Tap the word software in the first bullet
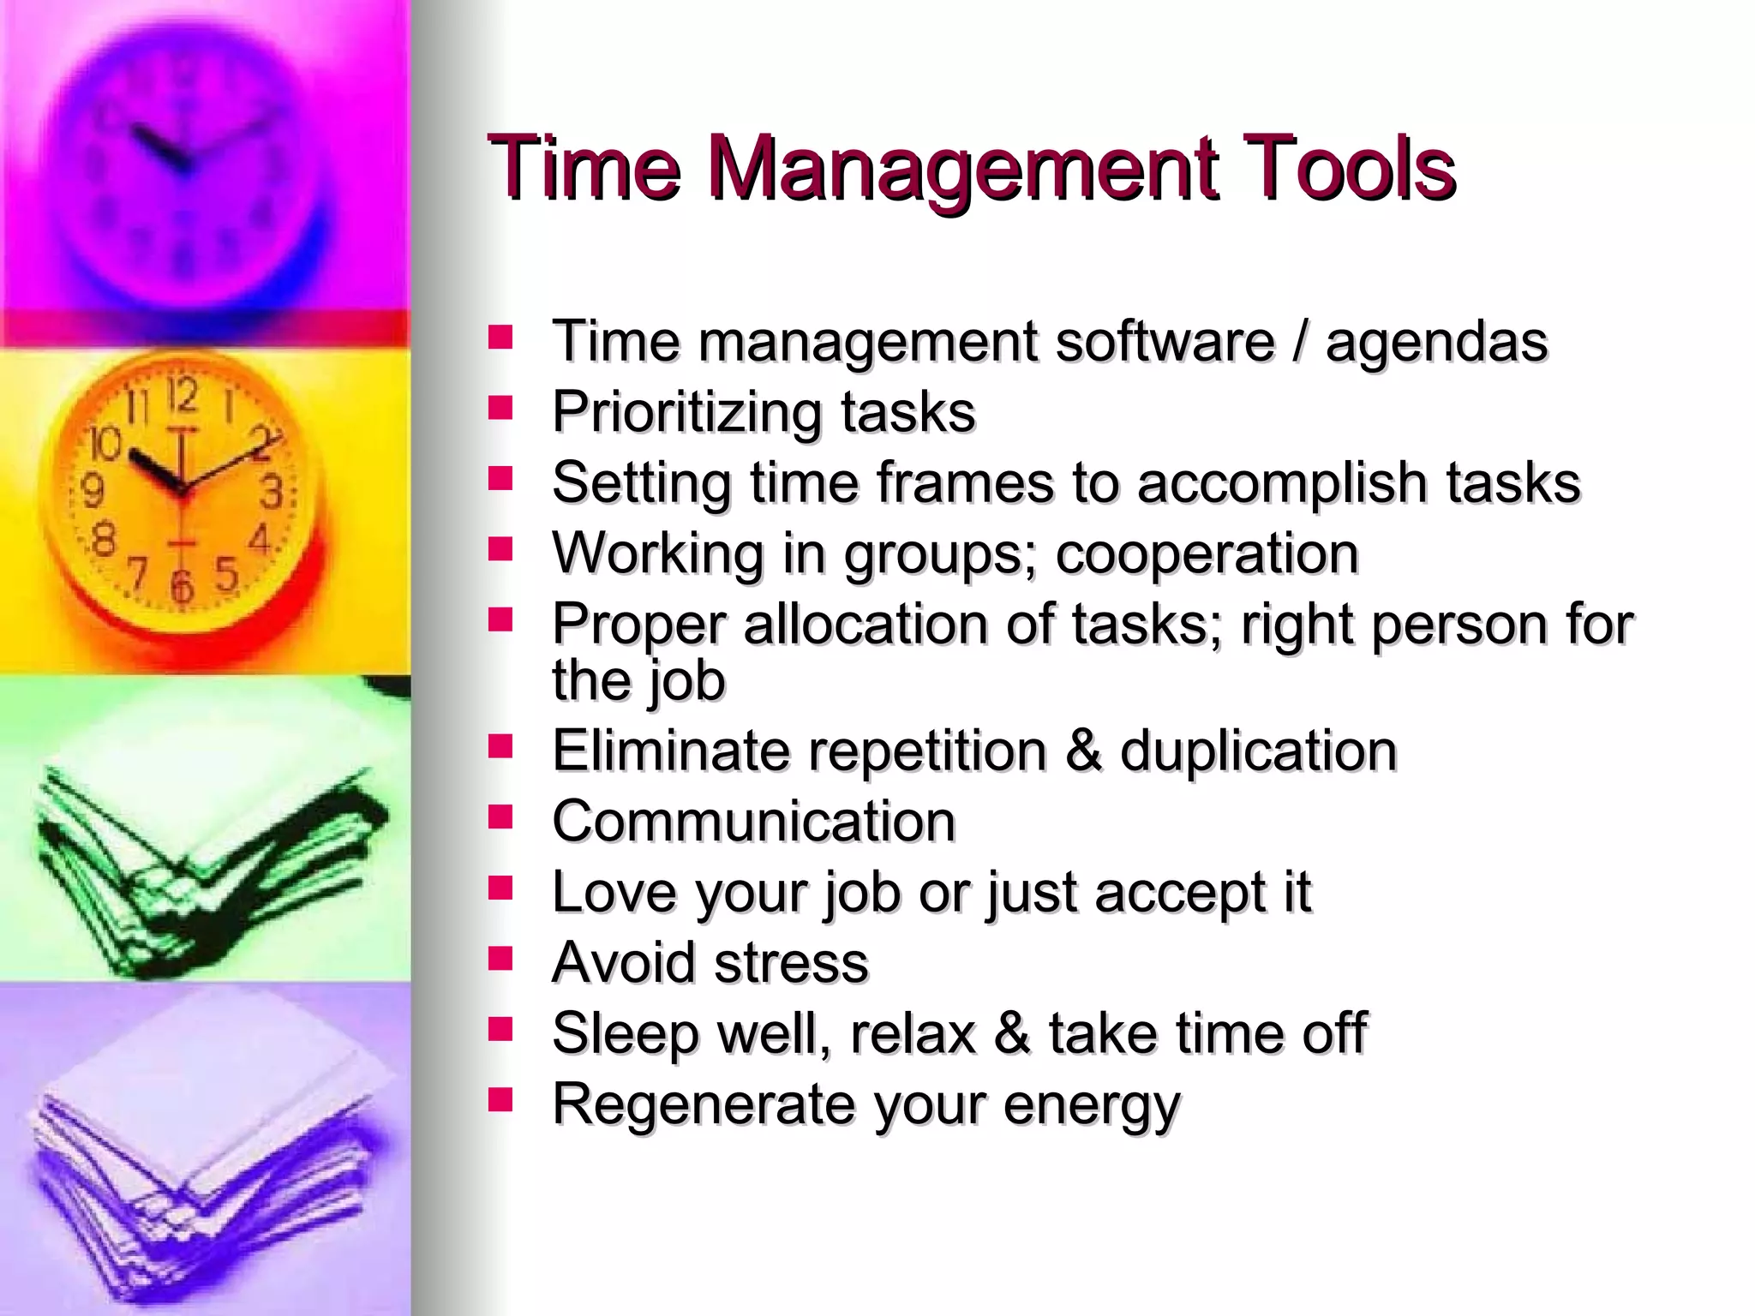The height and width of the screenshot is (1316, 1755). click(1165, 342)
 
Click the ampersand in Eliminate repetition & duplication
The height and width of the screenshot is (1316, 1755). click(1083, 751)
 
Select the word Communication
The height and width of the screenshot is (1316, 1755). click(753, 822)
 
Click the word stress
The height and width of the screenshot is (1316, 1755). click(791, 963)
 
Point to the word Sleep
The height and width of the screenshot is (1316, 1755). click(626, 1034)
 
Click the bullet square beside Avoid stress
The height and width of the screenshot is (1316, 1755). click(500, 958)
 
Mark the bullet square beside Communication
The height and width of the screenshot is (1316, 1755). click(500, 817)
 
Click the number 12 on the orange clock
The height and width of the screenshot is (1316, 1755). click(182, 397)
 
